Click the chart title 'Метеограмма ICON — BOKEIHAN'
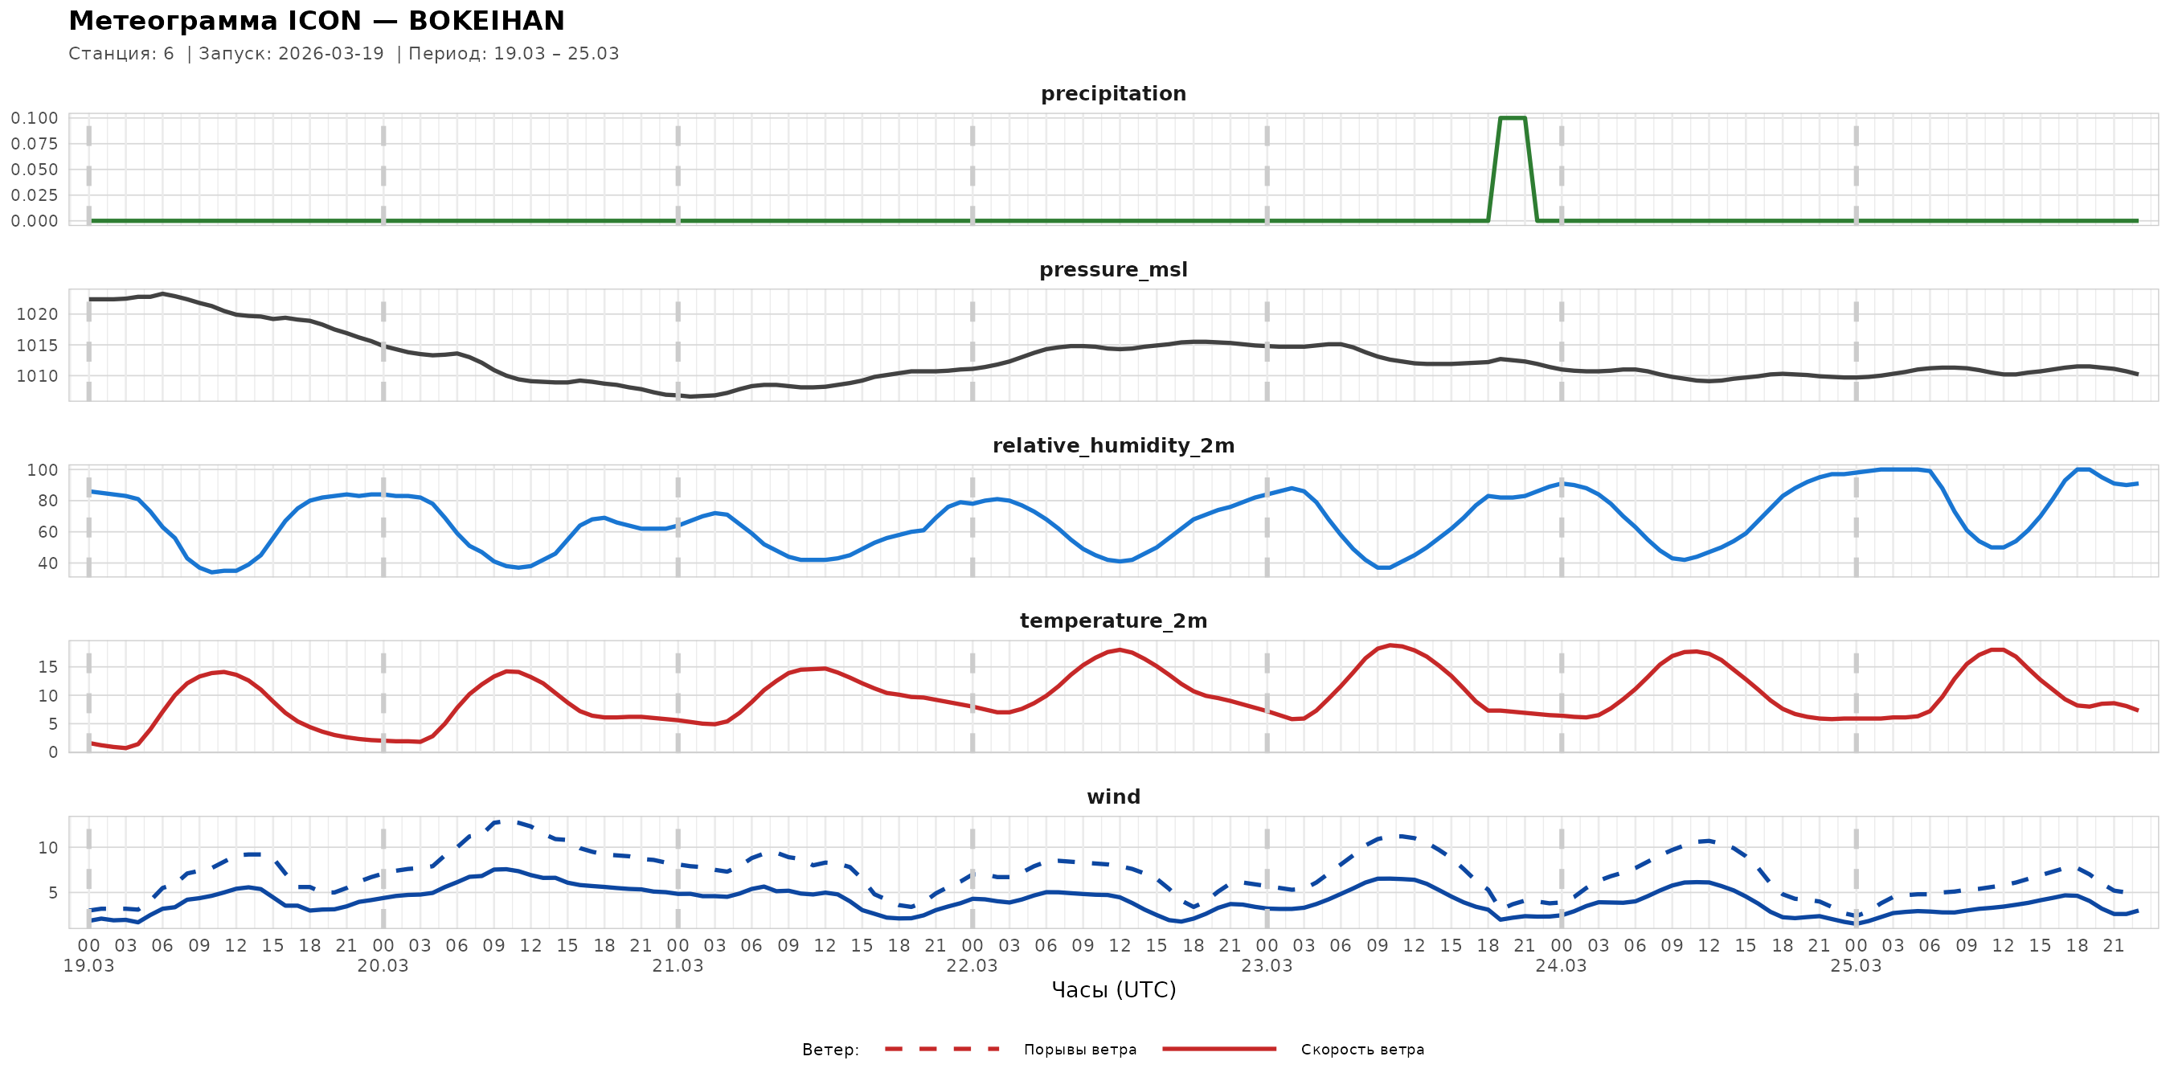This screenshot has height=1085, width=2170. pyautogui.click(x=316, y=20)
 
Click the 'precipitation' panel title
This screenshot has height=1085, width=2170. pyautogui.click(x=1113, y=93)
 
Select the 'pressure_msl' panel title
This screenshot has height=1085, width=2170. pyautogui.click(x=1113, y=269)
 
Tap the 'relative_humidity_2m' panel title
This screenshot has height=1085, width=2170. pyautogui.click(x=1113, y=445)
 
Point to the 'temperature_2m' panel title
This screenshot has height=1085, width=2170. pyautogui.click(x=1113, y=620)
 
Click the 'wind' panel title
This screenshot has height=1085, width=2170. pyautogui.click(x=1113, y=797)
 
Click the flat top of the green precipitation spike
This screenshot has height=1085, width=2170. pyautogui.click(x=1512, y=118)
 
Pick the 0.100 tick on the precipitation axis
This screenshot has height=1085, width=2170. pyautogui.click(x=35, y=118)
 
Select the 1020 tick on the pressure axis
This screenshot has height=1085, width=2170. pyautogui.click(x=37, y=314)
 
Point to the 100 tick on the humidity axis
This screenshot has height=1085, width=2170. pyautogui.click(x=42, y=470)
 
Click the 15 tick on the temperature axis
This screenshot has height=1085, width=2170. pyautogui.click(x=48, y=667)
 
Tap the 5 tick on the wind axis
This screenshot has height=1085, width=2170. pyautogui.click(x=53, y=893)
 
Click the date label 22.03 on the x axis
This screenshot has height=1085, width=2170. pyautogui.click(x=972, y=966)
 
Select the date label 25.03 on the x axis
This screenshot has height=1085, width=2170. pyautogui.click(x=1855, y=966)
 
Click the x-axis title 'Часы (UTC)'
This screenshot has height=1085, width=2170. pyautogui.click(x=1113, y=990)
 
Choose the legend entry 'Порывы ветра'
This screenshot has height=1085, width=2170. pyautogui.click(x=1080, y=1050)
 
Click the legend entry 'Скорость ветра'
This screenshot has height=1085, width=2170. pyautogui.click(x=1362, y=1050)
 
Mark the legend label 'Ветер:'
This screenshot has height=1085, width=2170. pyautogui.click(x=829, y=1050)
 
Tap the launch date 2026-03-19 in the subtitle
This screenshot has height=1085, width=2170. pyautogui.click(x=330, y=54)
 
